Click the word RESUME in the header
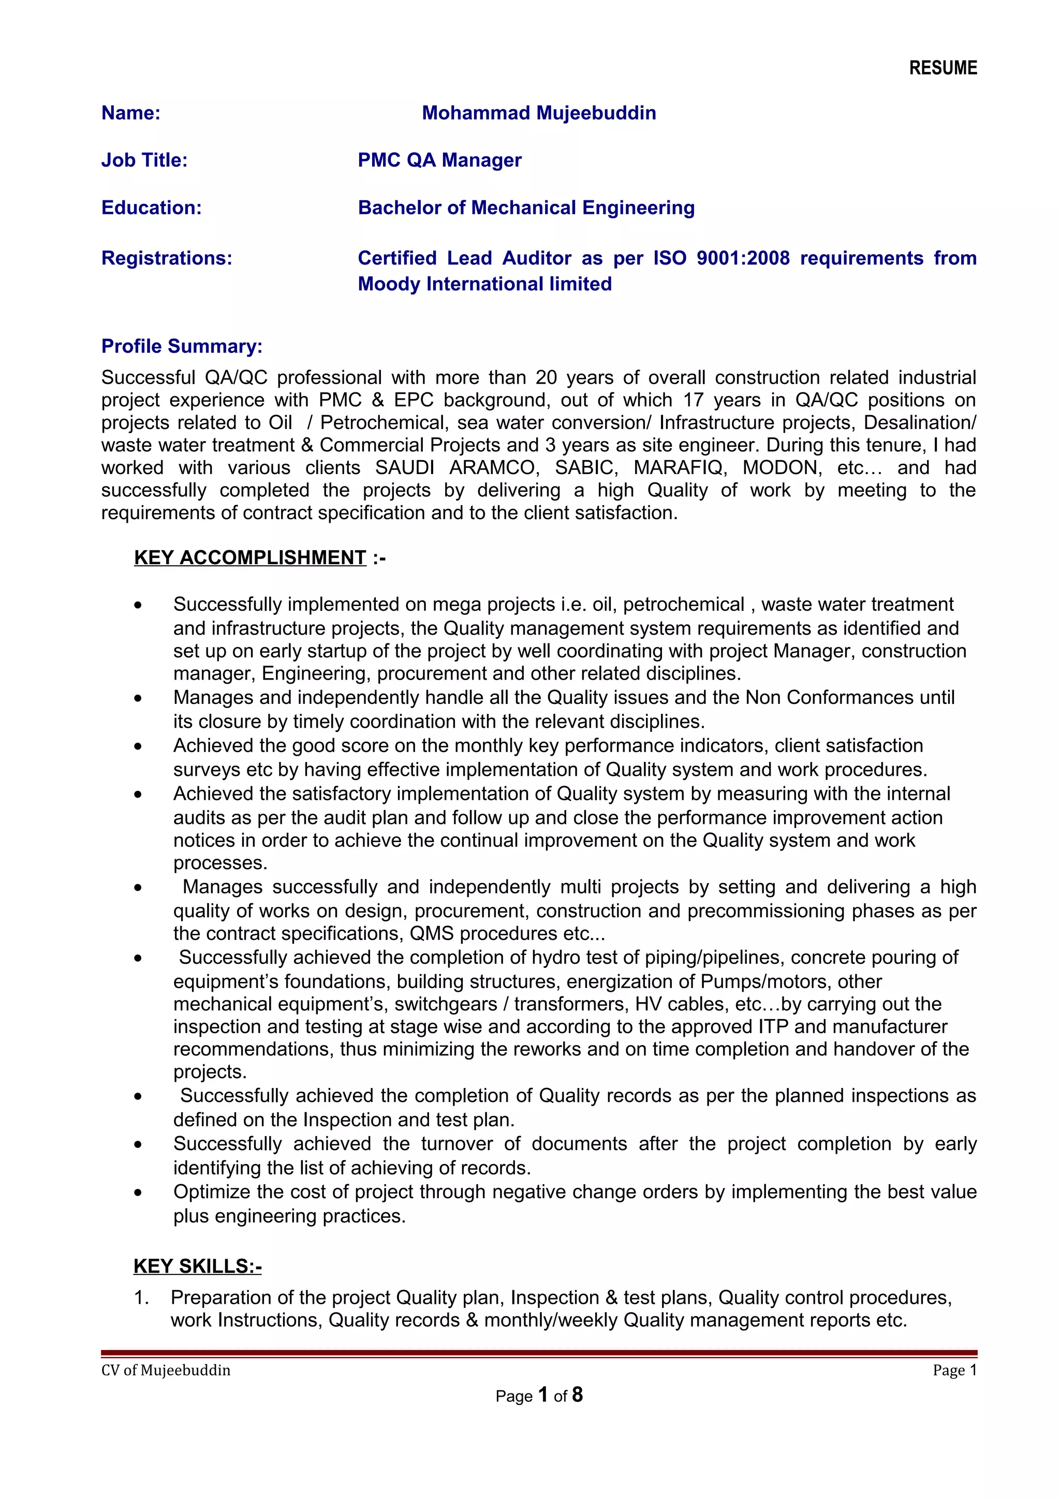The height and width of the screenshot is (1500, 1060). point(943,68)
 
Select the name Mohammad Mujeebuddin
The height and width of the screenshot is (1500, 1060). point(538,113)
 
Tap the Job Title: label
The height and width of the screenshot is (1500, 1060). point(144,160)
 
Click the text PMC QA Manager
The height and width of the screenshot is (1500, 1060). point(439,160)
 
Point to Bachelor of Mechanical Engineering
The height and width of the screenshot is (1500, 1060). point(526,208)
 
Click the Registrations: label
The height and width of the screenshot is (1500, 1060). point(167,258)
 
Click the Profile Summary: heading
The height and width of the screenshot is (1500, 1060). point(182,346)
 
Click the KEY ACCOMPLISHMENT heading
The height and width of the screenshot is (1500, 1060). point(250,557)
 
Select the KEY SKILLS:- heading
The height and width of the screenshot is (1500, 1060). point(197,1266)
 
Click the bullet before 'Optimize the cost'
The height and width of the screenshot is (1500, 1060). point(138,1193)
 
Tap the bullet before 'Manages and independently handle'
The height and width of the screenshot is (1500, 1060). point(138,698)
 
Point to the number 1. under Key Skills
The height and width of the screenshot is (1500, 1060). point(141,1298)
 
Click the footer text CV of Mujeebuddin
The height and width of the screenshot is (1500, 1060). point(166,1370)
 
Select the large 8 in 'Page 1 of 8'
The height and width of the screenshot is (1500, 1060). point(577,1395)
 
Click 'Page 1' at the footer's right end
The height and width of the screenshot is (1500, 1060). point(954,1370)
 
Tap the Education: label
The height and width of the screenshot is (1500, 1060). point(152,208)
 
